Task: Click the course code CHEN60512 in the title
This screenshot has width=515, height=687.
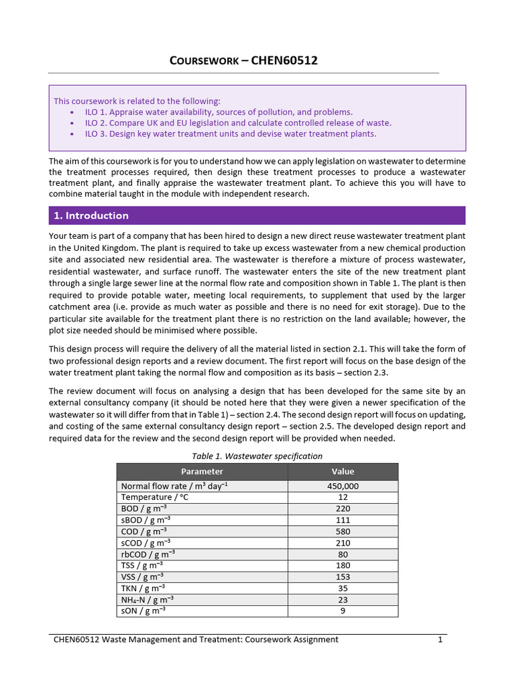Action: pos(284,61)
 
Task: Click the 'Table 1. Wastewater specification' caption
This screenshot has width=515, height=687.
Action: pos(257,456)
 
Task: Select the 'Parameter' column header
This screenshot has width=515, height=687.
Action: pos(202,471)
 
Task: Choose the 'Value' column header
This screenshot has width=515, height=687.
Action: pos(343,471)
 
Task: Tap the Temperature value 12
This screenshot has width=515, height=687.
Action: pos(343,497)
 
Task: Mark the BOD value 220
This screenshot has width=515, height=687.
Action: pos(343,509)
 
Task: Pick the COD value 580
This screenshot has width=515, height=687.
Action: pos(343,531)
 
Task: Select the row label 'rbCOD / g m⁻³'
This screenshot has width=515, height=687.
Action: pos(148,553)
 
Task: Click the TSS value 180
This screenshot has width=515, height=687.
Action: pos(343,565)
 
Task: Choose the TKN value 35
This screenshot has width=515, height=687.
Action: pos(343,588)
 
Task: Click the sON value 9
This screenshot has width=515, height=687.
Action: pos(343,611)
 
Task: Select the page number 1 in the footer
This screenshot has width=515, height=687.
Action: pos(440,639)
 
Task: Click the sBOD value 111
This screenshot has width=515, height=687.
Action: pos(343,520)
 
